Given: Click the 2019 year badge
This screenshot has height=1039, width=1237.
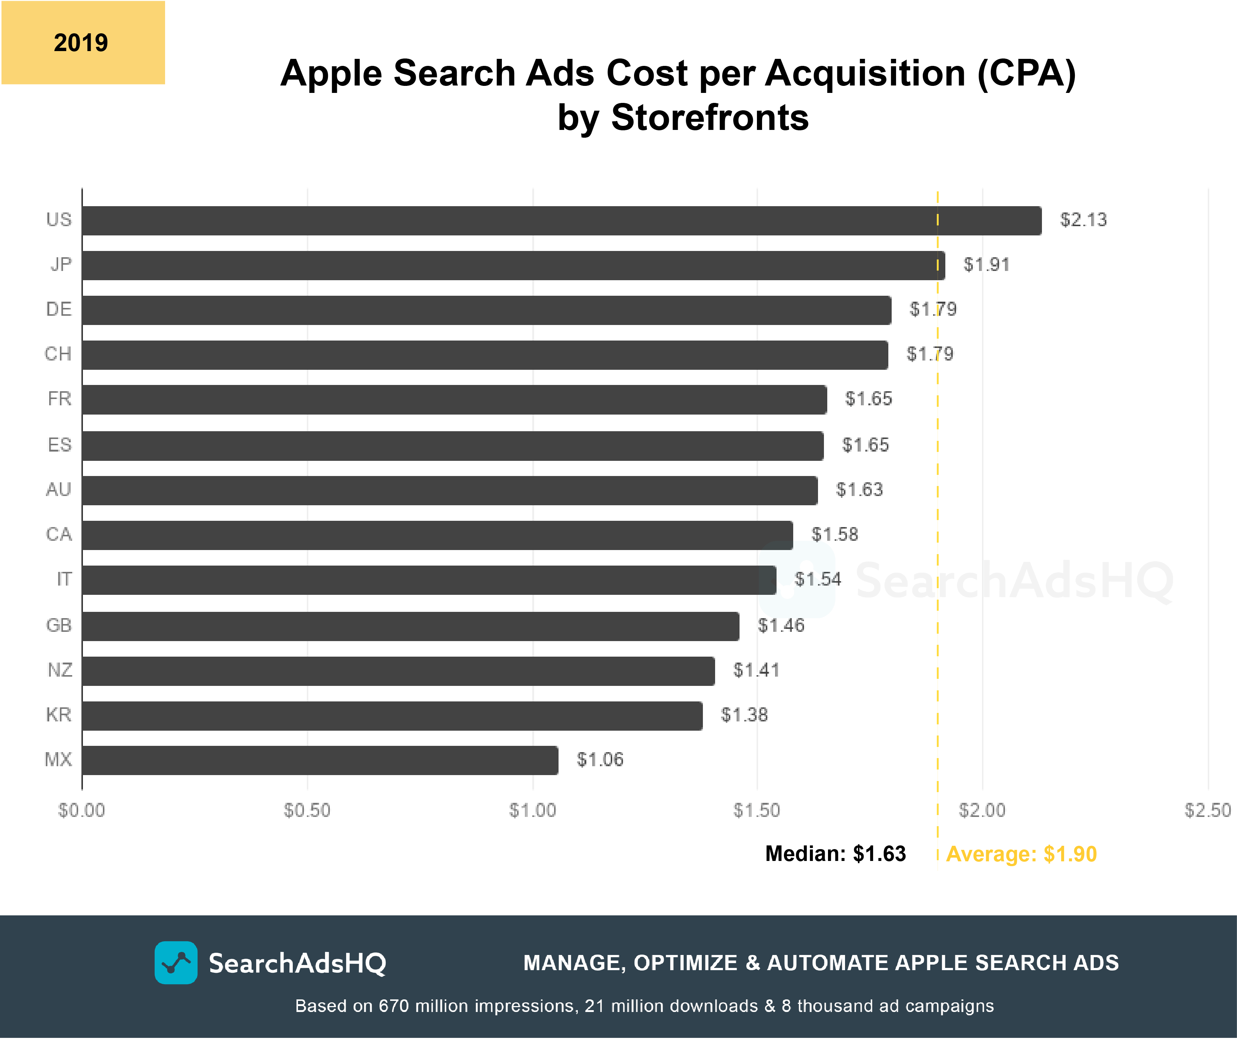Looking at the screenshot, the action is (83, 43).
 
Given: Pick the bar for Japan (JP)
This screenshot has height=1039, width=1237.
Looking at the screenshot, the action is (513, 265).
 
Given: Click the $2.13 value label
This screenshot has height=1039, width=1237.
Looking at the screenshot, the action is (1083, 220).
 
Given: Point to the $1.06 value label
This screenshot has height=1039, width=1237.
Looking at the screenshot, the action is (599, 759).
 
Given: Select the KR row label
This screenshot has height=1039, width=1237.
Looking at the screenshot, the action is (58, 714).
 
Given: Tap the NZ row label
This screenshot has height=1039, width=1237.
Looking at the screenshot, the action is (60, 670).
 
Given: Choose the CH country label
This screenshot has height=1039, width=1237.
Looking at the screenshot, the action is (58, 353).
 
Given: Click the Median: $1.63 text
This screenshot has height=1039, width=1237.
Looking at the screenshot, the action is (835, 854).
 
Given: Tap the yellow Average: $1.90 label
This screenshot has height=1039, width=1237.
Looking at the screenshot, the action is (1021, 854).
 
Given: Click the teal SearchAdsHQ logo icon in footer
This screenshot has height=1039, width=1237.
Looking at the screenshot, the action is (175, 962).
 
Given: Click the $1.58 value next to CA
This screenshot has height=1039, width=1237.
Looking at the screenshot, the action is (834, 534).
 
